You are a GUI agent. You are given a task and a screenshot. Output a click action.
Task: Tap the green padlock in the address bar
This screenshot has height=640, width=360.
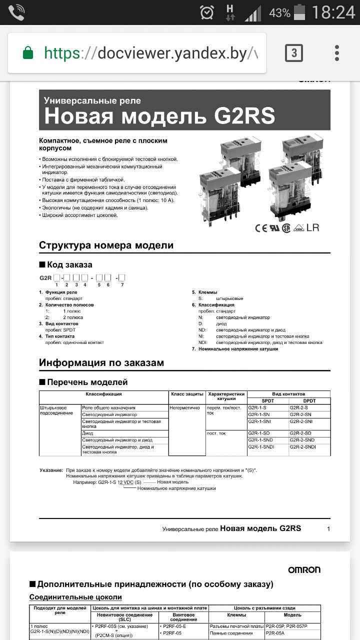[28, 52]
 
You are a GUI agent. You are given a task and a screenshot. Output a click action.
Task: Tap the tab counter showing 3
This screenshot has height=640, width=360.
[294, 52]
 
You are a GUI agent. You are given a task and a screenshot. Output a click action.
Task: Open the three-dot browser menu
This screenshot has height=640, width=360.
[337, 52]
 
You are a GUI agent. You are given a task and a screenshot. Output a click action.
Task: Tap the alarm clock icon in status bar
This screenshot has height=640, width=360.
[206, 12]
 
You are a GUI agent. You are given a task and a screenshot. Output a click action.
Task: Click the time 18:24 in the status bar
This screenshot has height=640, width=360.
[333, 12]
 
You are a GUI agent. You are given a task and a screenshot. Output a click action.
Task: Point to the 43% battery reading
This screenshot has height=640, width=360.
[279, 12]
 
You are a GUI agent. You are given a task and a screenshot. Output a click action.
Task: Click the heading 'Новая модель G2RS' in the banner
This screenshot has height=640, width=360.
[159, 116]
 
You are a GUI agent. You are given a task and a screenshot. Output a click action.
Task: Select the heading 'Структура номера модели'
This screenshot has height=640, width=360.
[106, 245]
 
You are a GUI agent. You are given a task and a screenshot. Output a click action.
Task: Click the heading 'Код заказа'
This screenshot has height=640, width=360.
[69, 264]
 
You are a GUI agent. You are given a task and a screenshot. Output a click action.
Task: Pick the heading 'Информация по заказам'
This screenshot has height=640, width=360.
[101, 362]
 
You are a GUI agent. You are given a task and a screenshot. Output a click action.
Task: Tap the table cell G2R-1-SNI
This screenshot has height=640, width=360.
[259, 421]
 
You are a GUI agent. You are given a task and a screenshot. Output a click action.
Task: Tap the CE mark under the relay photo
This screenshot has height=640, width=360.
[261, 228]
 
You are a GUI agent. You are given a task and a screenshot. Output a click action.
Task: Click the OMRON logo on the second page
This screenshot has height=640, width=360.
[304, 569]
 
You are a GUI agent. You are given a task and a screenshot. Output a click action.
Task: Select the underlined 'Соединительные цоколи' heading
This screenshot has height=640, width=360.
[75, 597]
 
